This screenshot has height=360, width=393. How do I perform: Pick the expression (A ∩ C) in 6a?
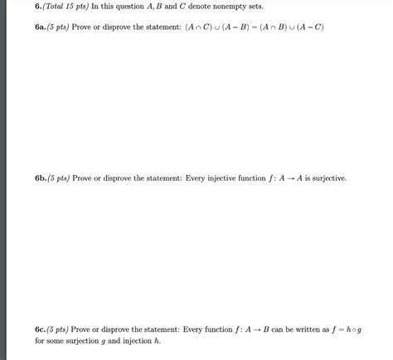coord(196,27)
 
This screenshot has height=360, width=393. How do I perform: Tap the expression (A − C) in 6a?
coord(313,27)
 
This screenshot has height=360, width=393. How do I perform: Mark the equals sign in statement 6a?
coord(255,27)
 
